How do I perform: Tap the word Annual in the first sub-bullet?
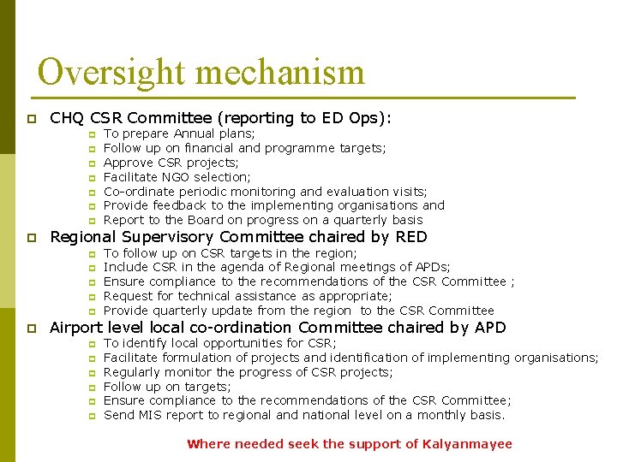(x=195, y=133)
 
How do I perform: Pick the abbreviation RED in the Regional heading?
(x=410, y=237)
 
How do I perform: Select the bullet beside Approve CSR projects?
(x=91, y=163)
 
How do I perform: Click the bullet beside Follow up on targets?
(x=91, y=387)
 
